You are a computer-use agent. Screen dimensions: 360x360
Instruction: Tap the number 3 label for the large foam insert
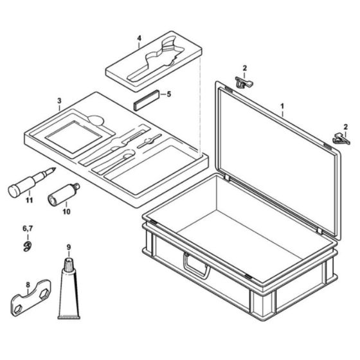(59, 102)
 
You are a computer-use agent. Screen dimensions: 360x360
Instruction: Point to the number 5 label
(169, 94)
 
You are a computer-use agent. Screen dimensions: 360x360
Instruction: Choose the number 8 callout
(28, 285)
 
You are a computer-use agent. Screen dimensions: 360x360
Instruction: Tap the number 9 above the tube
(69, 246)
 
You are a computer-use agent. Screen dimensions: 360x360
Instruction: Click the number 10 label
(66, 210)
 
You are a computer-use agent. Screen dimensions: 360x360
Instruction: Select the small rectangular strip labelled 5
(145, 102)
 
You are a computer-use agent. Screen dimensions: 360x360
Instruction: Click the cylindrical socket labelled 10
(62, 193)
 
